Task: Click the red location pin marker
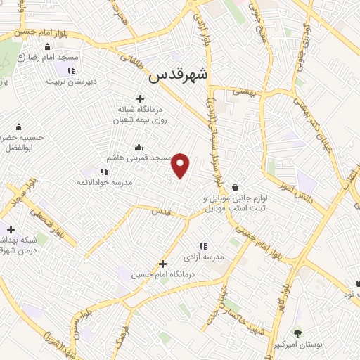pos(181,165)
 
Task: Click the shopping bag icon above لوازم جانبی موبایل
pos(233,187)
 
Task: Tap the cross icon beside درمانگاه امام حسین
pos(163,263)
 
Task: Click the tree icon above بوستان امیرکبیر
pos(298,333)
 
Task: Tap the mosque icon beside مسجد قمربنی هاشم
pos(138,148)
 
